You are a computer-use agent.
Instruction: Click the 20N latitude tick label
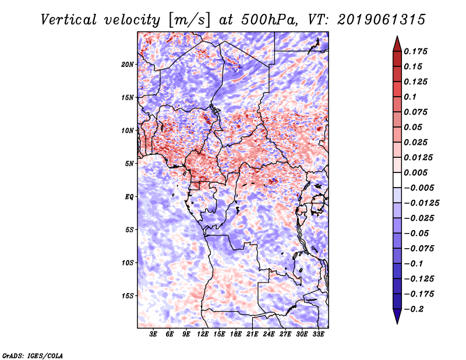click(128, 64)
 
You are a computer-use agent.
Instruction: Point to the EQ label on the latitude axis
click(129, 196)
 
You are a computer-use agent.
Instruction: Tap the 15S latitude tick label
click(128, 295)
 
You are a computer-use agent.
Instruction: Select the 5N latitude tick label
click(129, 163)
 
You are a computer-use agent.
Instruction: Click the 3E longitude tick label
click(154, 335)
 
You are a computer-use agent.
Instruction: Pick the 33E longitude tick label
click(318, 335)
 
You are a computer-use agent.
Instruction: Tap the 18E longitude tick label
click(236, 335)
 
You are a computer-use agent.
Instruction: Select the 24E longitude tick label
click(269, 335)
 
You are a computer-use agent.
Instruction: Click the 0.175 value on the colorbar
click(417, 51)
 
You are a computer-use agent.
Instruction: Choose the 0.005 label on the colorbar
click(417, 172)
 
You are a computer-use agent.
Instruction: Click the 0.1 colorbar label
click(412, 96)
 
